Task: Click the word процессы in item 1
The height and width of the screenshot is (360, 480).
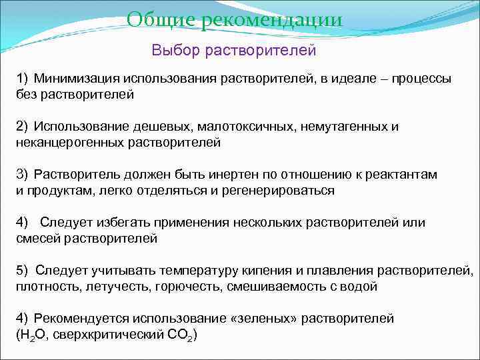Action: pos(423,79)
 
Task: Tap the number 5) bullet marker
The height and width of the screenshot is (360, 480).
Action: pos(23,271)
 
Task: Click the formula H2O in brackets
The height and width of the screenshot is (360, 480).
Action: pos(33,334)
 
